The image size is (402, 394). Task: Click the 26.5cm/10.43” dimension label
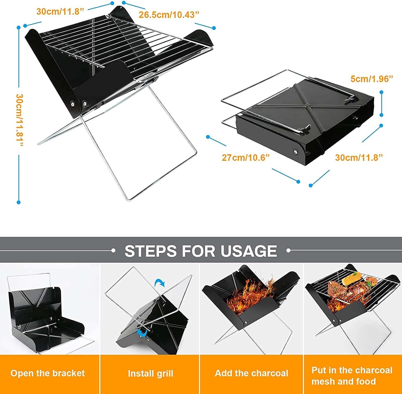coord(169,15)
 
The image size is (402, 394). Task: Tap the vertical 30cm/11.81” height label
coord(20,120)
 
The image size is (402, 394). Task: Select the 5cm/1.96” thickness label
coord(372,79)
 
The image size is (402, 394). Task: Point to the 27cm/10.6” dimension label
coord(245,157)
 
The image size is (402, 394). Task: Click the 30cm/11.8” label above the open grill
coord(60,12)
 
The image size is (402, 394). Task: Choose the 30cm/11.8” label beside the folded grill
coord(359,157)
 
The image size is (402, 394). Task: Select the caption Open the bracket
coord(48,373)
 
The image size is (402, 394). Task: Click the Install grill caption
coord(150,373)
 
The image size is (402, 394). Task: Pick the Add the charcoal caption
coord(251,373)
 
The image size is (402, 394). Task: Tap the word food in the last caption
coord(366,381)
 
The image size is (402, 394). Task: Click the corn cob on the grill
coord(351,279)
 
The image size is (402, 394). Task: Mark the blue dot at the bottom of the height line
coord(18,202)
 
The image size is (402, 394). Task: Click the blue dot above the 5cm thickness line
coord(381,92)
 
